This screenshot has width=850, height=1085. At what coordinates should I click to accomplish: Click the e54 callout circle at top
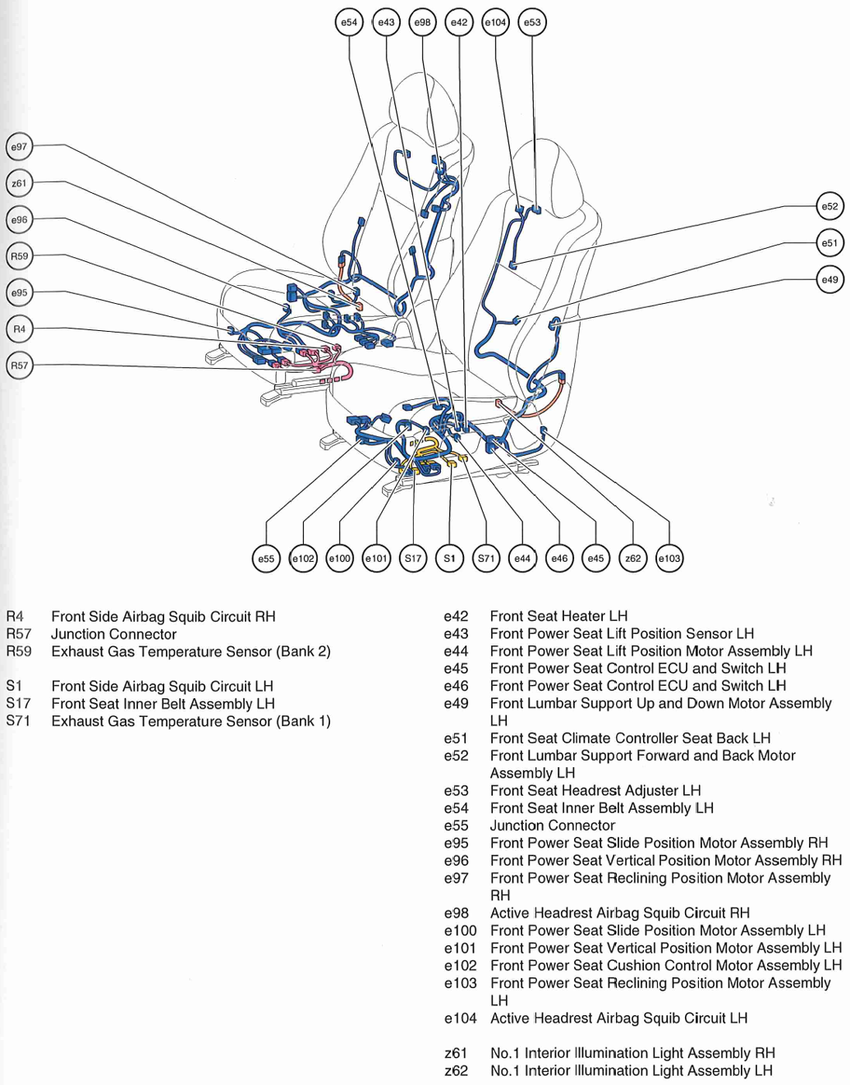pyautogui.click(x=349, y=22)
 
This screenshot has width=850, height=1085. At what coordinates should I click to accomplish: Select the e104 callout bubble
pyautogui.click(x=495, y=22)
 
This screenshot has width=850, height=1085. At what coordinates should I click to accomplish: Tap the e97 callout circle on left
pyautogui.click(x=19, y=146)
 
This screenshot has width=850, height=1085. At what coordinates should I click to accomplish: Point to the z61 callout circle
pyautogui.click(x=19, y=183)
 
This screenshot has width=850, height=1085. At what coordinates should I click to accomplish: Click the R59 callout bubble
pyautogui.click(x=19, y=256)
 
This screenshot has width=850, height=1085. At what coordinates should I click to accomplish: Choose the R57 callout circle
pyautogui.click(x=19, y=365)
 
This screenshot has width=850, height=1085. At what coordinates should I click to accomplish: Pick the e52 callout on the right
pyautogui.click(x=830, y=206)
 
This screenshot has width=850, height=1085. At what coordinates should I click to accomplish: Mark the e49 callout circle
pyautogui.click(x=830, y=279)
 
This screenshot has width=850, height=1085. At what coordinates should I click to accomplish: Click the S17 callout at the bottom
pyautogui.click(x=413, y=559)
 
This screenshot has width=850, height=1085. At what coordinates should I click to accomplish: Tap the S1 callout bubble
pyautogui.click(x=450, y=559)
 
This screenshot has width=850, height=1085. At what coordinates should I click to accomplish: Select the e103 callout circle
pyautogui.click(x=669, y=559)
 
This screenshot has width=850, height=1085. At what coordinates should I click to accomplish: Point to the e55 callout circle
pyautogui.click(x=266, y=559)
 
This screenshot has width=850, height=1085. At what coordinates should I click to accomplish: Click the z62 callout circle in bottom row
pyautogui.click(x=632, y=559)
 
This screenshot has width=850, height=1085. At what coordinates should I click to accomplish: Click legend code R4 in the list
pyautogui.click(x=15, y=616)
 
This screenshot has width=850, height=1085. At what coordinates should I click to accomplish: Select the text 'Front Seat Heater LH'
pyautogui.click(x=558, y=616)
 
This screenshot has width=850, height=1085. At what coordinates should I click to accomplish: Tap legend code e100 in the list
pyautogui.click(x=460, y=931)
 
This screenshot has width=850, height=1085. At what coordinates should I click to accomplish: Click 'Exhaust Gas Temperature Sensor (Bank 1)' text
pyautogui.click(x=191, y=721)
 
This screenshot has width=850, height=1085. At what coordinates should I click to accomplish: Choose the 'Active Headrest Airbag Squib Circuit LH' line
pyautogui.click(x=618, y=1018)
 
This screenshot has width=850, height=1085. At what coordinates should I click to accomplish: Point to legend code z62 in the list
pyautogui.click(x=456, y=1071)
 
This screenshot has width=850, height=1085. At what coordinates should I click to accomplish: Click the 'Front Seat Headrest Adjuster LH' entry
pyautogui.click(x=595, y=791)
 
